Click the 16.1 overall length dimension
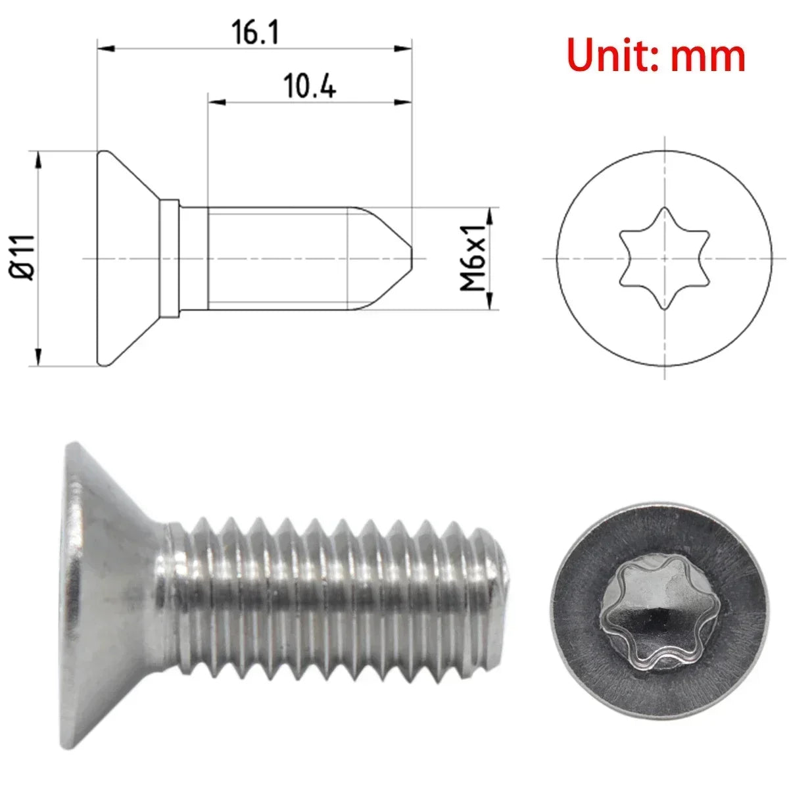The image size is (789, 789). point(255,33)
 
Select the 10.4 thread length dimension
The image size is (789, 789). point(309,86)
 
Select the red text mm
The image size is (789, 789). point(708,57)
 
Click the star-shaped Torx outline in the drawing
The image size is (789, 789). point(665,258)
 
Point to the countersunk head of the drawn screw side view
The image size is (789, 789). point(128,258)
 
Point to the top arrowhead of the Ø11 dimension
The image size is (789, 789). point(39,158)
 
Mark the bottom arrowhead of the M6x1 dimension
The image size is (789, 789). point(489,300)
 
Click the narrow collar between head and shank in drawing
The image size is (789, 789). point(170,258)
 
